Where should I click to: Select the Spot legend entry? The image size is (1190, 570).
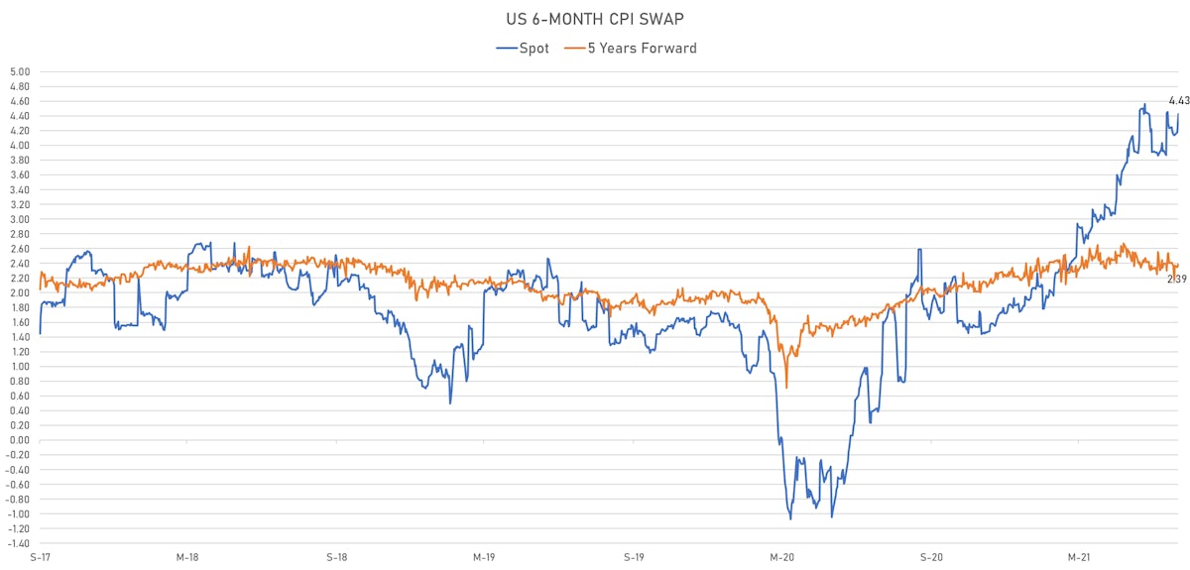click(526, 49)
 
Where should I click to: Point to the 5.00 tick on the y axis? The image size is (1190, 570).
click(20, 71)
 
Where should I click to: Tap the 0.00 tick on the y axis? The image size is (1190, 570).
click(20, 440)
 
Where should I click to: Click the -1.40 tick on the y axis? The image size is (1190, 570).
click(18, 543)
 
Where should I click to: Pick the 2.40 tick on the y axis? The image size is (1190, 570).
click(20, 263)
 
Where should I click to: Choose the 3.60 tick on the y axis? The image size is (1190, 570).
click(20, 174)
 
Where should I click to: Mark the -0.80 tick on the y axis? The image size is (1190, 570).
click(18, 499)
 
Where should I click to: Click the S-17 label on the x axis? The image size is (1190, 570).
click(40, 558)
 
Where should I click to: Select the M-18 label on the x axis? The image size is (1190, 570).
click(187, 558)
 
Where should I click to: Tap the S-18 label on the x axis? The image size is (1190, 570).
click(336, 558)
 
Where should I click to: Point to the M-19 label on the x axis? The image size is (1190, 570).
click(484, 558)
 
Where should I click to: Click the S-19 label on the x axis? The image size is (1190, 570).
click(634, 558)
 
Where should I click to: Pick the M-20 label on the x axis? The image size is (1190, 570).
click(781, 558)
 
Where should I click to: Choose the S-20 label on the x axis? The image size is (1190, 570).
click(931, 558)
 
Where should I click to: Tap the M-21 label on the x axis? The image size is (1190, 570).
click(1079, 558)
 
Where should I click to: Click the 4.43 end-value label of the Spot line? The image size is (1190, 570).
click(1178, 101)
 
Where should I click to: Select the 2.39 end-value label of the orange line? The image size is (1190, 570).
click(1177, 279)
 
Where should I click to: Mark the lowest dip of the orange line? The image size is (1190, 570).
click(786, 388)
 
